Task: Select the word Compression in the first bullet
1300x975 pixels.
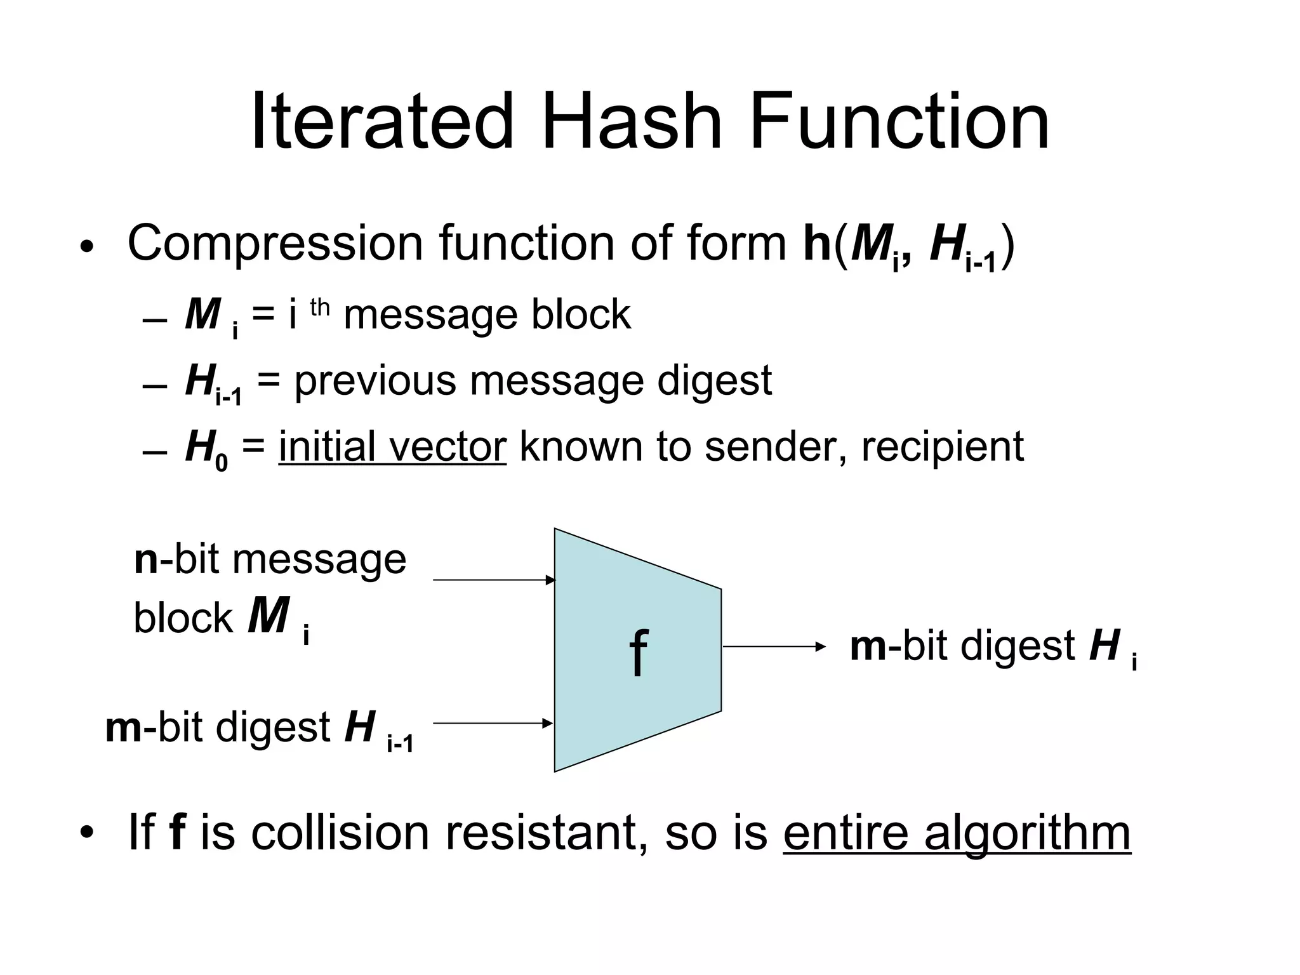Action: (275, 244)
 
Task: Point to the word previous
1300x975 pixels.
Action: (375, 381)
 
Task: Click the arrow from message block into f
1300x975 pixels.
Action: (494, 580)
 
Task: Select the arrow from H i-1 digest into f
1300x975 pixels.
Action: (493, 723)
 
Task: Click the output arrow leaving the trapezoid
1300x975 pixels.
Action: (774, 647)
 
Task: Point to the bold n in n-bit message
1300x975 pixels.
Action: (146, 560)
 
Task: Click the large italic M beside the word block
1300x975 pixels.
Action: (269, 616)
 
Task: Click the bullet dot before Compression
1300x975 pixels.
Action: (87, 246)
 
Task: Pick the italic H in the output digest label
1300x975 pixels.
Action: (1104, 646)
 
